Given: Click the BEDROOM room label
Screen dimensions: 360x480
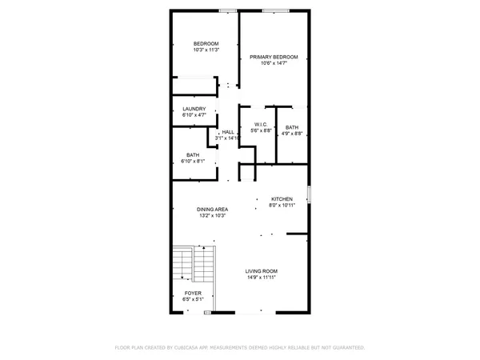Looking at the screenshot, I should coord(206,43).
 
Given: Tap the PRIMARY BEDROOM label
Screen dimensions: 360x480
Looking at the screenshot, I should coord(274,57).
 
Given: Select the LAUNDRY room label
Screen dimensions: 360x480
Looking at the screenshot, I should coord(194,109).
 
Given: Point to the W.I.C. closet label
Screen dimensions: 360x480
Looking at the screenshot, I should coord(261,124).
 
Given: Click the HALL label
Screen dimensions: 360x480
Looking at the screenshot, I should coord(228,132).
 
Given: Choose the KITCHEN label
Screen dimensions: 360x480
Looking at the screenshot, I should coord(282,199).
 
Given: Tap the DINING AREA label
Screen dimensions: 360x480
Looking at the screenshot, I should coord(213,209).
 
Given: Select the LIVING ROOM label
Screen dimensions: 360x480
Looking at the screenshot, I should coord(261,271).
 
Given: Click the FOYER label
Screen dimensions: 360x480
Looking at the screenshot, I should coord(193,294).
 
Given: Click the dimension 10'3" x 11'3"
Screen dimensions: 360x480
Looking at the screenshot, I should coord(206,50).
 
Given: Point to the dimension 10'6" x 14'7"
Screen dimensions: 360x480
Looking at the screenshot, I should coord(274,64).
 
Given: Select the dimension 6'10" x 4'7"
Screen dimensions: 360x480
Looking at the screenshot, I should coord(194,116).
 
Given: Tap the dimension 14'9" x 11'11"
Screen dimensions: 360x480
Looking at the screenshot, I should coord(261,278).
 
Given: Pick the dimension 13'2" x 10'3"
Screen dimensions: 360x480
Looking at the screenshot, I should coord(213,216).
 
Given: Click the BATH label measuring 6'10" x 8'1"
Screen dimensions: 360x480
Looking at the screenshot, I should coord(193,154).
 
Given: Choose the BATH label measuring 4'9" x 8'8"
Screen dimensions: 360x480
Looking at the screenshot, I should coord(291,127).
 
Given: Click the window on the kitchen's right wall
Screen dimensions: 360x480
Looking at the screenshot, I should coord(309,194).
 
